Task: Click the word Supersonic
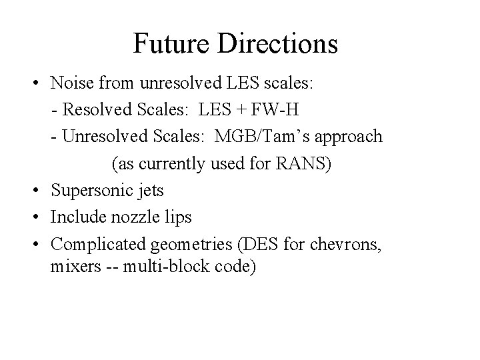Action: coord(89,191)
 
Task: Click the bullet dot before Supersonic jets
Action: coord(41,191)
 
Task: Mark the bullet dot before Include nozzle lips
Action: coord(41,217)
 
